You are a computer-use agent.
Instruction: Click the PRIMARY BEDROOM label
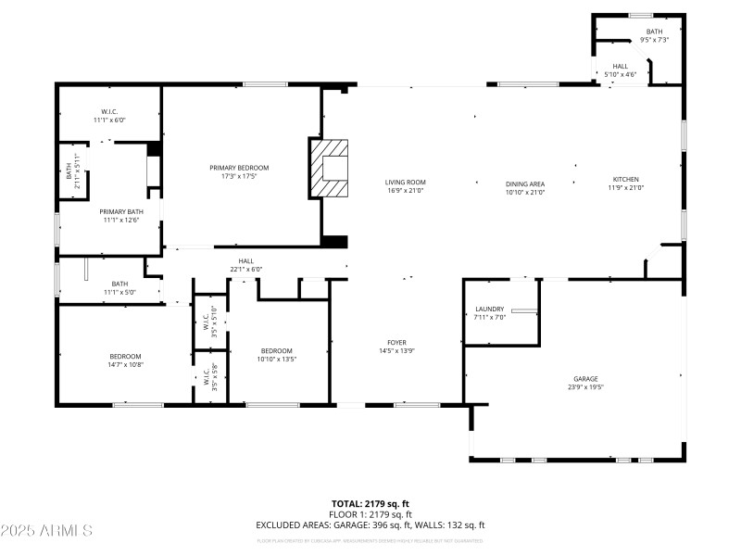coord(239,168)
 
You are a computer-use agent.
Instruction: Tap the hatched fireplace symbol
coord(330,168)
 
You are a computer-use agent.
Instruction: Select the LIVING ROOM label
coord(405,182)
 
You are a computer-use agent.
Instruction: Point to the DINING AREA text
coord(525,183)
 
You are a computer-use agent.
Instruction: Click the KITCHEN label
coord(625,179)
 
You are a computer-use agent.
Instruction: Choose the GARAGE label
coord(584,378)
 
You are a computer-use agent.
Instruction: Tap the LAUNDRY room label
coord(489,309)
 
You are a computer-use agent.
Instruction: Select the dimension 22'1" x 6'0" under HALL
coord(246,270)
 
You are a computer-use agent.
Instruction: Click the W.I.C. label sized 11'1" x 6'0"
coord(108,111)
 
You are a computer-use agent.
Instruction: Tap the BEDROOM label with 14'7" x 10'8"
coord(126,357)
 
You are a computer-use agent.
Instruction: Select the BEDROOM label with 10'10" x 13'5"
coord(277,350)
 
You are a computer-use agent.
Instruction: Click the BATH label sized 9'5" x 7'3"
coord(653,32)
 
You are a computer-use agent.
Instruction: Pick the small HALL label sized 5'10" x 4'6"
coord(620,66)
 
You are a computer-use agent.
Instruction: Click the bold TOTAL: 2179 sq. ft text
coord(370,504)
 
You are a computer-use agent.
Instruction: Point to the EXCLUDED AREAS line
coord(370,524)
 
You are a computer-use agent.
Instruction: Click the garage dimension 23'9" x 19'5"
coord(584,386)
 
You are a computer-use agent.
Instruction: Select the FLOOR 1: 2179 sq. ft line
coord(370,514)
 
